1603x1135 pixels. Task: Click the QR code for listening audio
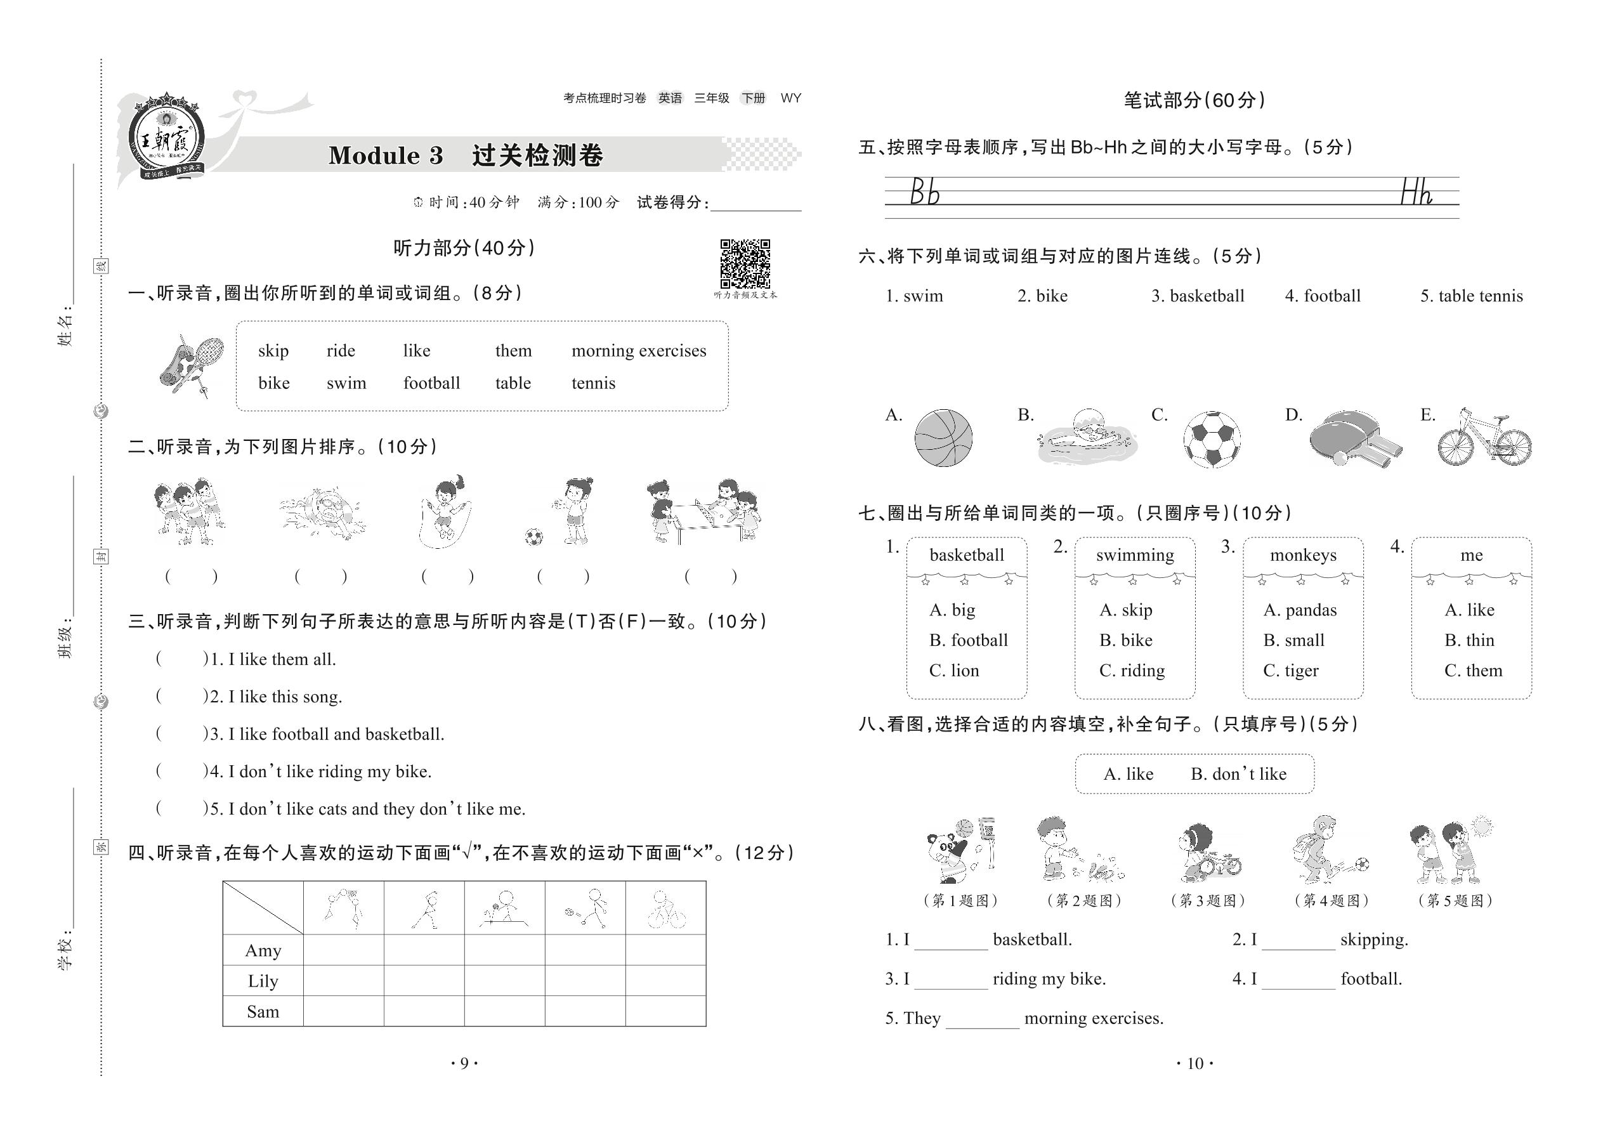tap(745, 263)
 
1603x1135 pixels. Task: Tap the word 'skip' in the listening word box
tap(273, 351)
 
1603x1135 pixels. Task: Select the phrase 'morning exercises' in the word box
tap(639, 351)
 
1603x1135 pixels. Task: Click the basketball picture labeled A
tap(943, 438)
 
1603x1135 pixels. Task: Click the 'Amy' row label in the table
tap(263, 950)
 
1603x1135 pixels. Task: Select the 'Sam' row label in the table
tap(263, 1011)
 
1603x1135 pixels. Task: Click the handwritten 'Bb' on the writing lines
tap(924, 192)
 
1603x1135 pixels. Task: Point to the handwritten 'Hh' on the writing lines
tap(1417, 192)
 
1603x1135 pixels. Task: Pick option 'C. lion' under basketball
tap(954, 671)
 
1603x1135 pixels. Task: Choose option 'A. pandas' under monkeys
tap(1300, 610)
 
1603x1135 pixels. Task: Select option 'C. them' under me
tap(1473, 671)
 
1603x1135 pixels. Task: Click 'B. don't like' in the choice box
tap(1238, 775)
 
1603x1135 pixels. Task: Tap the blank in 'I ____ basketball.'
tap(951, 941)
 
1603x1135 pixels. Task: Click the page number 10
tap(1195, 1064)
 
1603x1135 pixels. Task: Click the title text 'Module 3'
tap(386, 155)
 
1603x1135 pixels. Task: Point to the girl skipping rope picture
tap(445, 512)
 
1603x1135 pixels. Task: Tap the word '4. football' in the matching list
tap(1322, 296)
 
